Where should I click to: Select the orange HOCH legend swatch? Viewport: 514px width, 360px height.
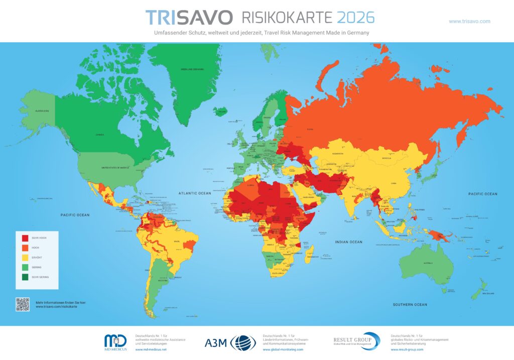pos(24,248)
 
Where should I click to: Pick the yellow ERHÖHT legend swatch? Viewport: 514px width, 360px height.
pos(24,258)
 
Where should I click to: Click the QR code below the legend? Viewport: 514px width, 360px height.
pos(23,304)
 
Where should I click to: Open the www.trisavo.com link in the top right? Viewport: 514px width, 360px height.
pos(469,21)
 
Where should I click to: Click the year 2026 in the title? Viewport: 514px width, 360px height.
pos(355,18)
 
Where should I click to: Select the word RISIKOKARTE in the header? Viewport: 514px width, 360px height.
pos(287,18)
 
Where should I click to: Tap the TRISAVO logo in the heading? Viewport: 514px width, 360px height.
pos(189,18)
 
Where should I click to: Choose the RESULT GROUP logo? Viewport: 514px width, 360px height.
pos(357,341)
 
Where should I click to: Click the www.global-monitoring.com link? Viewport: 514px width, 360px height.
pos(283,349)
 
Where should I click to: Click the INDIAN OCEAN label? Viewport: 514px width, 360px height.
pos(349,242)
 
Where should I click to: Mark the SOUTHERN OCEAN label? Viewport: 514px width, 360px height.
pos(410,305)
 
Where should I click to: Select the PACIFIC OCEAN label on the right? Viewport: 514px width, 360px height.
pos(482,194)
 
